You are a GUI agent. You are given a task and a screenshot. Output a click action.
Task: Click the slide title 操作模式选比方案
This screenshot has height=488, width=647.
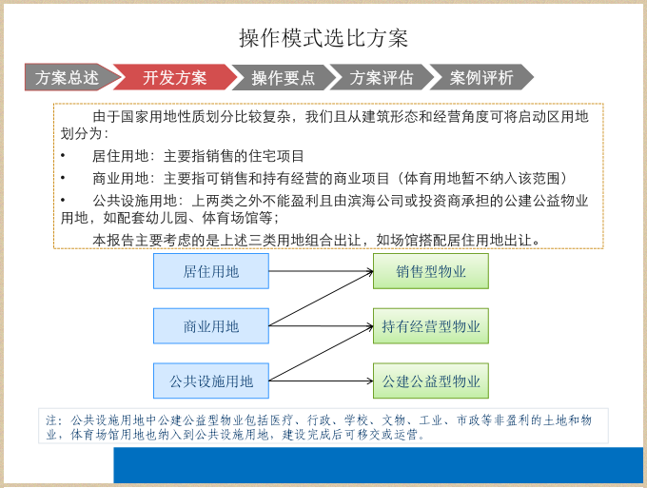[x=323, y=38]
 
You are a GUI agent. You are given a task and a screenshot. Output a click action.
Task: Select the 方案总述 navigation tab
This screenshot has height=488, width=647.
[x=67, y=78]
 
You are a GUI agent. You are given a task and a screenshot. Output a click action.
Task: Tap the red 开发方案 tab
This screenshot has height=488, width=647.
[x=175, y=78]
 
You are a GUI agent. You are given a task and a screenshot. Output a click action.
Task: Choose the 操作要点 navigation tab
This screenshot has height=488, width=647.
[x=284, y=78]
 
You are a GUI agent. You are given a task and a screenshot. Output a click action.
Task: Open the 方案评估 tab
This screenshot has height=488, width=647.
[x=382, y=78]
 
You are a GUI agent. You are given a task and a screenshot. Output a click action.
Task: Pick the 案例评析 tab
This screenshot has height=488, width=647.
[x=481, y=78]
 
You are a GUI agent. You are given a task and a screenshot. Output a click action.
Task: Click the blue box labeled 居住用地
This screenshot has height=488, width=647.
[x=211, y=271]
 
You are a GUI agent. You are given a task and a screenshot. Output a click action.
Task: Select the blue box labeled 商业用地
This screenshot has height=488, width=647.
[x=211, y=326]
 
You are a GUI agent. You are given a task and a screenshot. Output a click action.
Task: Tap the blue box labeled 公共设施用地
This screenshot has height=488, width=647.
[x=211, y=381]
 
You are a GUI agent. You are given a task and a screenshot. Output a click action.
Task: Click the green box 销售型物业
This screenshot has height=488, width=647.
[x=431, y=271]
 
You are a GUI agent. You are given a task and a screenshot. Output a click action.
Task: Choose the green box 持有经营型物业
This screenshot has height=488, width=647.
[x=431, y=326]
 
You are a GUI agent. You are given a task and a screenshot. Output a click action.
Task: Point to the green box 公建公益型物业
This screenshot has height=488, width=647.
[x=431, y=381]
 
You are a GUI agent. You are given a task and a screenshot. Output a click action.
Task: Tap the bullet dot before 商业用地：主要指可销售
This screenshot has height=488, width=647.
[x=63, y=178]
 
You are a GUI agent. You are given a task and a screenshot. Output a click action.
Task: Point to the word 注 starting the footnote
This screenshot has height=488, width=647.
[x=51, y=420]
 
